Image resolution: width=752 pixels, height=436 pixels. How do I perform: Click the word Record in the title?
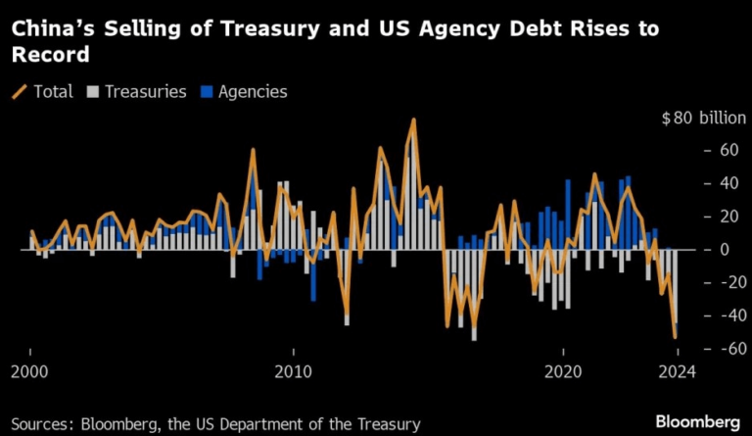(50, 56)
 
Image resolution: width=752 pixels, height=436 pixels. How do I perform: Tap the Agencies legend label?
(254, 91)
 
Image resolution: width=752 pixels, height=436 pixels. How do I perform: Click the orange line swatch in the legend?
(20, 91)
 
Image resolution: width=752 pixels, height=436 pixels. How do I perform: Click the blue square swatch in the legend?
(207, 91)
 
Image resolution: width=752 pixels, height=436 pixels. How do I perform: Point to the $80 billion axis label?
(704, 119)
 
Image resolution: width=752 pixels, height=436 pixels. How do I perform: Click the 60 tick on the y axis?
(728, 151)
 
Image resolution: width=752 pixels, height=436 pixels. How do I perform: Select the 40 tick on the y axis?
(728, 184)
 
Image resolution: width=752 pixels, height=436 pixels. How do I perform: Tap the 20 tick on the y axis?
(728, 217)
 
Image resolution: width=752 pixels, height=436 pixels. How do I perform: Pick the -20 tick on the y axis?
(726, 282)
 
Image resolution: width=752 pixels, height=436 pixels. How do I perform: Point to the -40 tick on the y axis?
(726, 315)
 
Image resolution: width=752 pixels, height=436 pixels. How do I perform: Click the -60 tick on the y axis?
(726, 349)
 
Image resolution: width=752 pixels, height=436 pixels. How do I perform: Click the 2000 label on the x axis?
(30, 371)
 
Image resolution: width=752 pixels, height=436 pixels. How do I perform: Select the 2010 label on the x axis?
(293, 371)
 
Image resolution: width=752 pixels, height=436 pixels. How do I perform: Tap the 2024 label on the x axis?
(676, 371)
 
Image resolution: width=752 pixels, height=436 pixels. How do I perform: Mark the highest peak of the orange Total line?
(414, 121)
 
